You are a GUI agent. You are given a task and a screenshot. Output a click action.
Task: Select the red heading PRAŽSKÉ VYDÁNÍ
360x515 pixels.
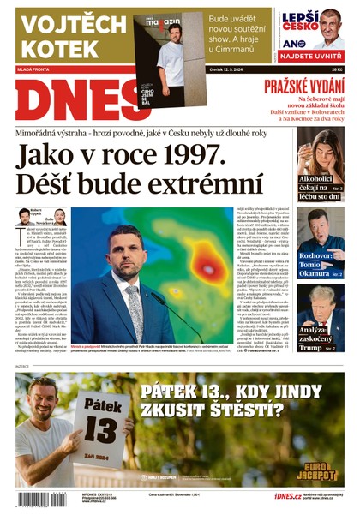click(x=303, y=86)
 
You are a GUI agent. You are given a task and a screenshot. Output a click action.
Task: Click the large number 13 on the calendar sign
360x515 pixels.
click(x=97, y=421)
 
